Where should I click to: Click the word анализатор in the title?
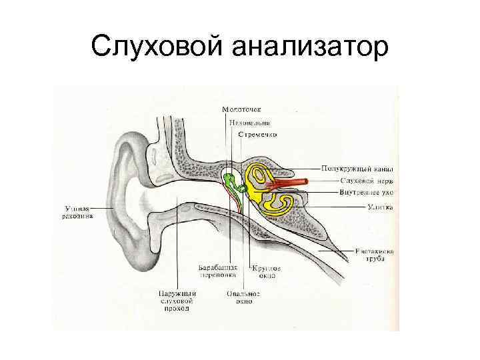[309, 47]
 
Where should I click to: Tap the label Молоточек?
[242, 109]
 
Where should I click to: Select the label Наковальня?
[247, 123]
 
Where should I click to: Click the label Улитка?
[380, 207]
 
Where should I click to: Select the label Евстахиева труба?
[375, 256]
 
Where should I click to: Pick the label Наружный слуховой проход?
[177, 301]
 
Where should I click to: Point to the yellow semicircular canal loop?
[257, 175]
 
